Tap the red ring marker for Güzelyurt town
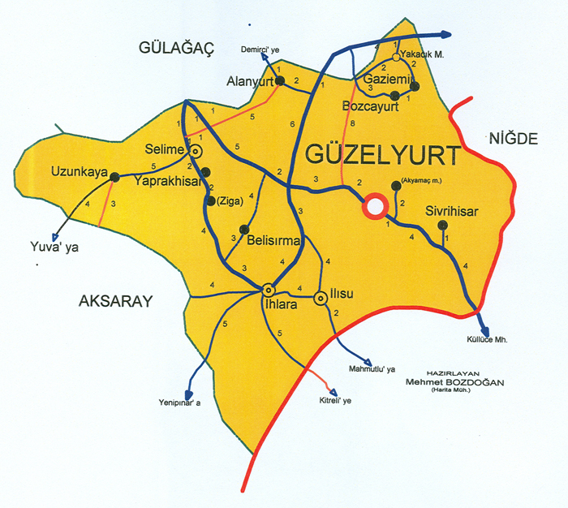(x=374, y=206)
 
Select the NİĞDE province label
(x=513, y=139)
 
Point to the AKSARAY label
(x=116, y=302)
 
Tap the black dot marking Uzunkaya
(x=114, y=176)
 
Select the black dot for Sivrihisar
(x=442, y=225)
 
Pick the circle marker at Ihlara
(x=269, y=289)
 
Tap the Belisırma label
(x=274, y=241)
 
